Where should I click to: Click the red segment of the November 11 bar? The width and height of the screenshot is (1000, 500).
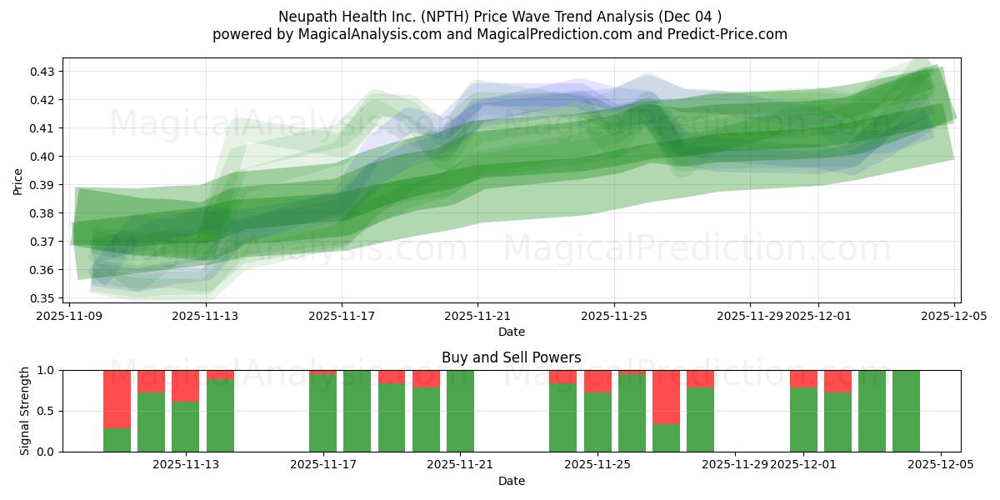pos(117,398)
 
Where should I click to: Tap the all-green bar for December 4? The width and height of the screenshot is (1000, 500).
pos(906,411)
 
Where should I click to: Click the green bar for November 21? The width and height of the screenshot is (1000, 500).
pos(460,411)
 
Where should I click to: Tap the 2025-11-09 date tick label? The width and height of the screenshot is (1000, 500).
pos(70,316)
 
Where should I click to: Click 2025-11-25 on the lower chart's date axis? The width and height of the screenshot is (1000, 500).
pos(597,465)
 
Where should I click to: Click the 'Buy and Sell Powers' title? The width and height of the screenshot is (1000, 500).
pos(511,357)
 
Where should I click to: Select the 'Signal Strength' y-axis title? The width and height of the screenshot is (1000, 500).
pos(25,411)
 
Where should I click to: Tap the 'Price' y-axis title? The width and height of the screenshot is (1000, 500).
pos(18,180)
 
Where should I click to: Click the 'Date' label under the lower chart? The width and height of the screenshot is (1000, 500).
pos(511,481)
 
